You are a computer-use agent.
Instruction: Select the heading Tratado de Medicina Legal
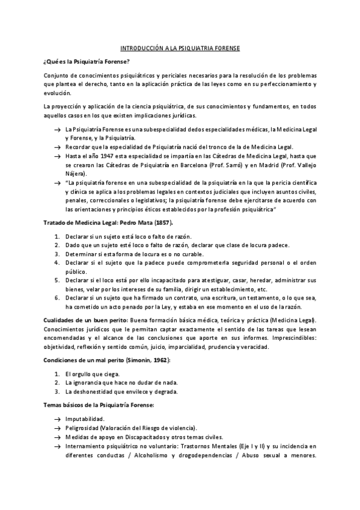83,222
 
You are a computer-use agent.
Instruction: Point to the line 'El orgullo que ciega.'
93,374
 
